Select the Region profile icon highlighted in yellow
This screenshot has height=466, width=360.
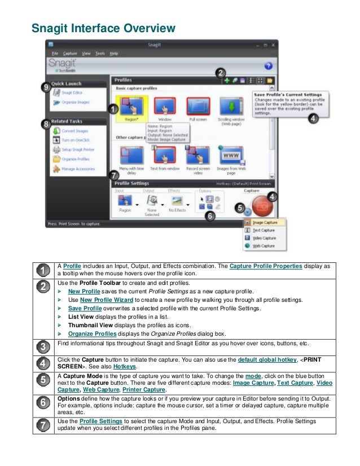click(131, 105)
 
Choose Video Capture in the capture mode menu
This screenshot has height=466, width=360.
click(264, 238)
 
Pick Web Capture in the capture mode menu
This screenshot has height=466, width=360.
click(264, 245)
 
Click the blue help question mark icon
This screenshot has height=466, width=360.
click(268, 65)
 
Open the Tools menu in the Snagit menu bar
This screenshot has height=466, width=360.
click(100, 54)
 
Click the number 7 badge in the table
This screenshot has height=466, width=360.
click(43, 424)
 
